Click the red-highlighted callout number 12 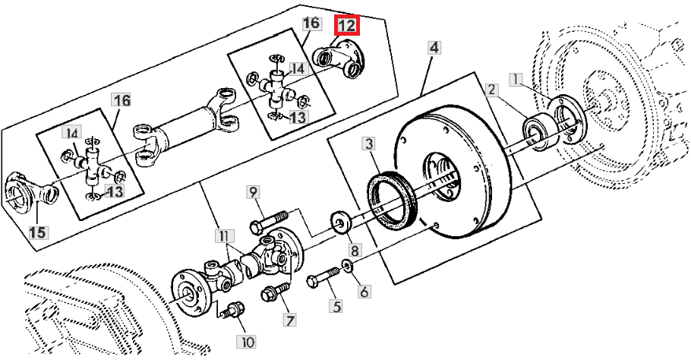coord(347,26)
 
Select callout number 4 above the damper coord(434,47)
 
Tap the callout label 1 coord(516,80)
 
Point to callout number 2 coord(492,90)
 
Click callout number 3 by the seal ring coord(369,144)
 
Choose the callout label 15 coord(37,232)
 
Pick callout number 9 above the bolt coord(254,192)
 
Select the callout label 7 coord(289,321)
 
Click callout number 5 coord(336,306)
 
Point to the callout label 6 coord(364,291)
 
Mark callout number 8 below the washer coord(355,251)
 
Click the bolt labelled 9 coord(270,222)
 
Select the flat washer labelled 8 coord(340,221)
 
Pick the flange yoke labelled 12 coord(339,59)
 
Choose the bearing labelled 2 coord(538,132)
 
